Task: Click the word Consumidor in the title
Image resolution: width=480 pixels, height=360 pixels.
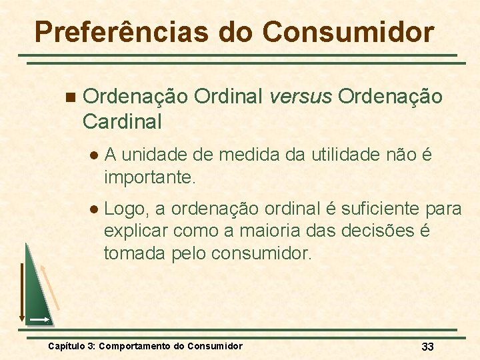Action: [348, 31]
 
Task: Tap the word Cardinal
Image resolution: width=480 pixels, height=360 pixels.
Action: [122, 122]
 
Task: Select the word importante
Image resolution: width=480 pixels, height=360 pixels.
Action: [149, 178]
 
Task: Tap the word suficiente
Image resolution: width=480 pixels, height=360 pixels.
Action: [377, 209]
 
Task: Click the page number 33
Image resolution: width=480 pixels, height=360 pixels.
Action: [427, 347]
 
